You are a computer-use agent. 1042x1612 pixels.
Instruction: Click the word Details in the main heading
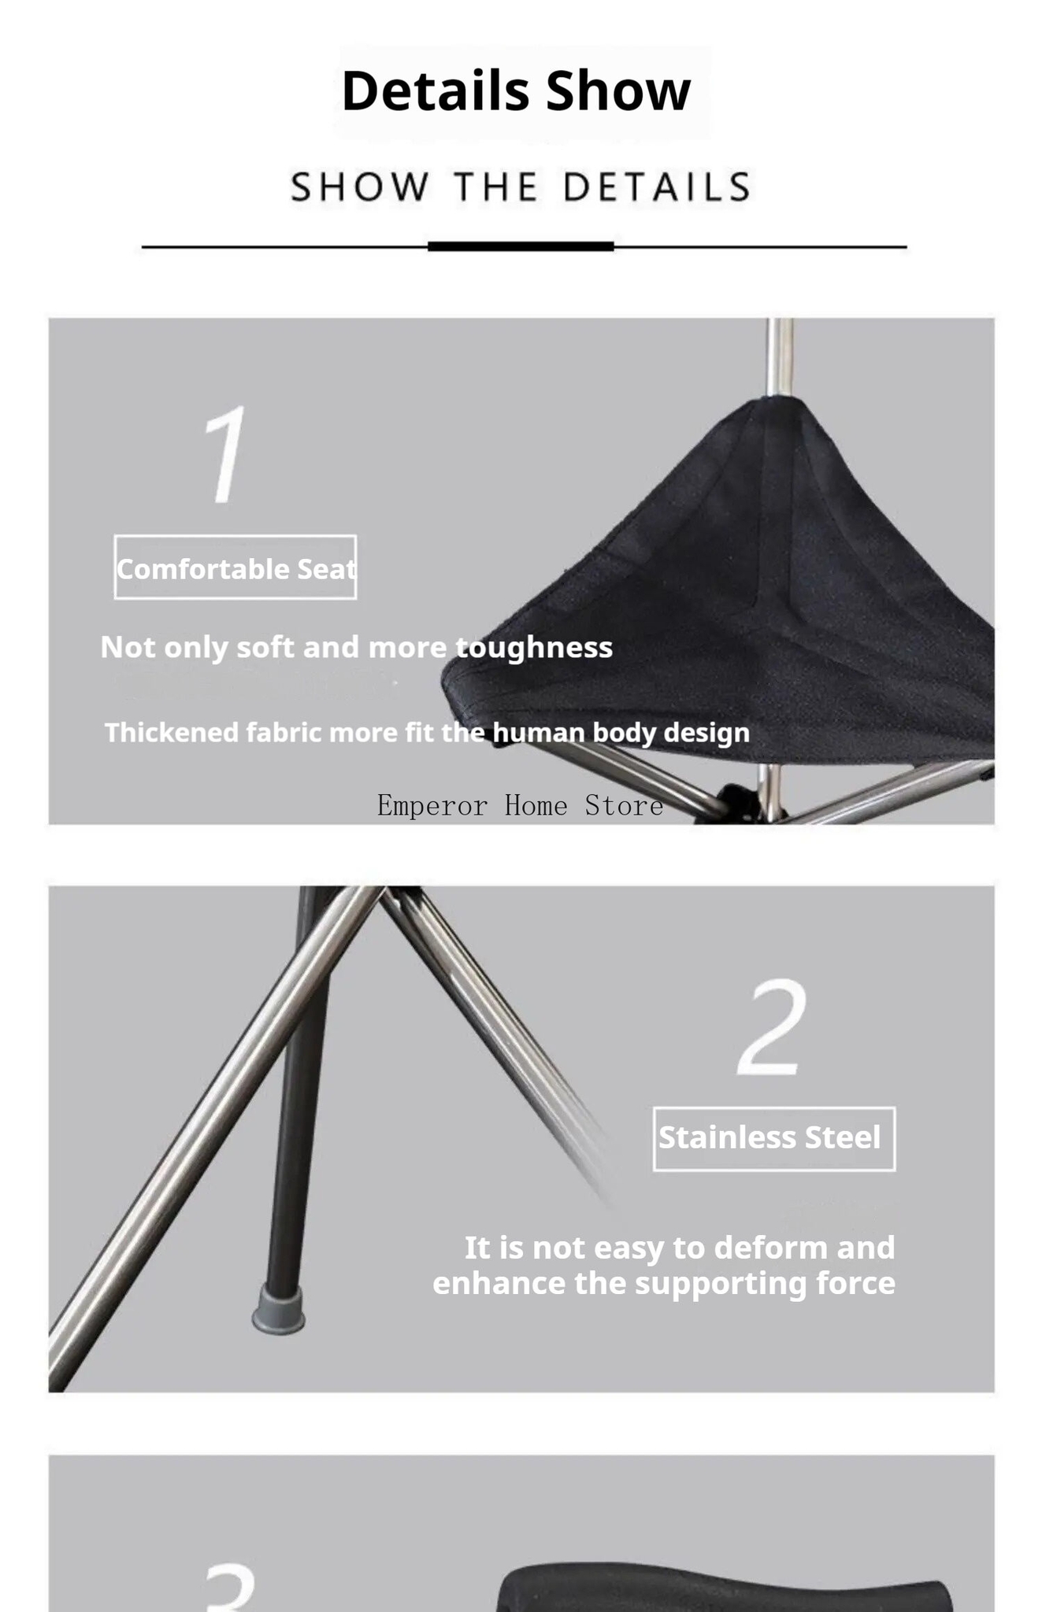(x=436, y=91)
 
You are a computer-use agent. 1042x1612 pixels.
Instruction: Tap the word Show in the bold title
(x=618, y=91)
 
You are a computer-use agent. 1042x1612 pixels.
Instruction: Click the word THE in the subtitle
(x=496, y=187)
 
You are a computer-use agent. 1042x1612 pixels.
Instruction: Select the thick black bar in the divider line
(x=521, y=246)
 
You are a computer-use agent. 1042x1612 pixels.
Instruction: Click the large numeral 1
(x=226, y=454)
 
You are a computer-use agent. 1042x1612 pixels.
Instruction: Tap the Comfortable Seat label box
(x=235, y=568)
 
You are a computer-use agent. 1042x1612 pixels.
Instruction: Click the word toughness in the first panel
(x=534, y=648)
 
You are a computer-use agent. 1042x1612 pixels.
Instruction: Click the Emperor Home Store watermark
(x=520, y=806)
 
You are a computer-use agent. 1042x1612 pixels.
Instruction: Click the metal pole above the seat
(x=780, y=358)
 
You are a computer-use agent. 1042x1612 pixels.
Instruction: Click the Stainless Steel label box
(x=774, y=1139)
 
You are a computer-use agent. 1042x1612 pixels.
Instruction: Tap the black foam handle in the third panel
(x=725, y=1590)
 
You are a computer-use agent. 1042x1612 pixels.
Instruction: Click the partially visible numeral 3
(x=230, y=1588)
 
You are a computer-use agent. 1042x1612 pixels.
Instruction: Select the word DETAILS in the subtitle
(x=657, y=187)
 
